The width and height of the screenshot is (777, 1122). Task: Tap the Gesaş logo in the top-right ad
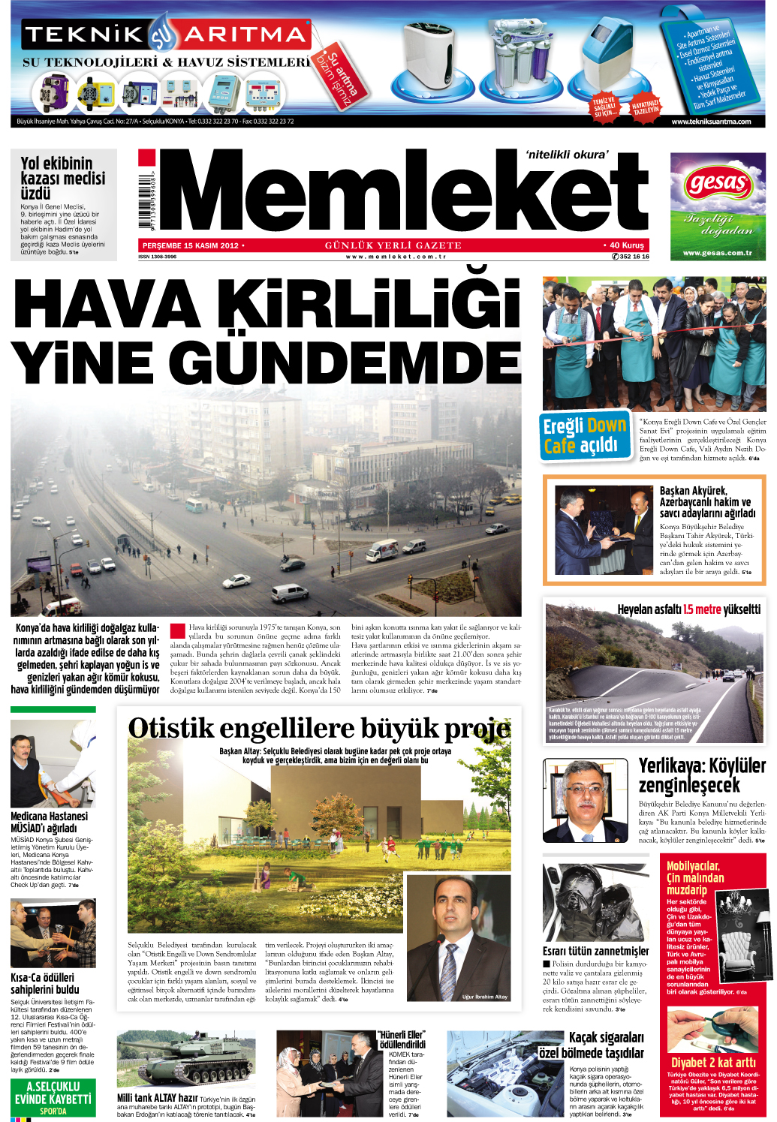point(718,182)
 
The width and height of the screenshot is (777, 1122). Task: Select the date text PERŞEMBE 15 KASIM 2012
point(191,245)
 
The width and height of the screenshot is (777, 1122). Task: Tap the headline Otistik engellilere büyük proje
point(319,729)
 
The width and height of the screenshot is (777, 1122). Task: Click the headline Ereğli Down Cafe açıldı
point(584,435)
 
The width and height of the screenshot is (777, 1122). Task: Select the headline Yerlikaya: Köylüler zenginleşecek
point(701,775)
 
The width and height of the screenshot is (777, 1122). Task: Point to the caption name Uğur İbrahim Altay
point(484,997)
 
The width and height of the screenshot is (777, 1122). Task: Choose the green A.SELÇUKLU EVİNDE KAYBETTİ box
point(53,1097)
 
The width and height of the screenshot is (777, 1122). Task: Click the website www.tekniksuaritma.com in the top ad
point(710,122)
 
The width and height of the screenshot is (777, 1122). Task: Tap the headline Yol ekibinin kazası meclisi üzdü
point(63,178)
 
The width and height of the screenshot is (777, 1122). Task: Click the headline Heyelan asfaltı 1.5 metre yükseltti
point(688,609)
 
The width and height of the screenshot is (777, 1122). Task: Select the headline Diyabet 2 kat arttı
point(713,1062)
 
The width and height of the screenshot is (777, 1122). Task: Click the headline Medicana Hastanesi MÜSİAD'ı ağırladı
point(49,822)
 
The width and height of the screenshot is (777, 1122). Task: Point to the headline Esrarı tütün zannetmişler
point(595,951)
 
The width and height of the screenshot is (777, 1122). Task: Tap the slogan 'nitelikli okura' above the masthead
point(567,155)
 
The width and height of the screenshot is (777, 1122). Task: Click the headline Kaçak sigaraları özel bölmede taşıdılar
point(593,1045)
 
